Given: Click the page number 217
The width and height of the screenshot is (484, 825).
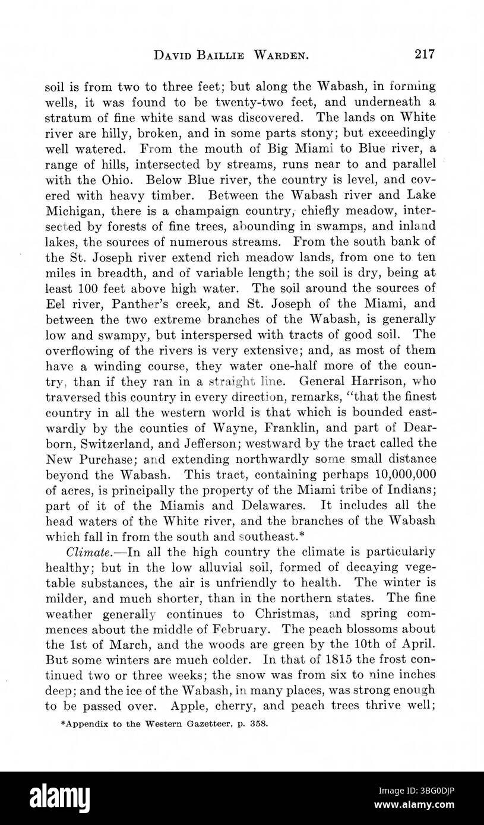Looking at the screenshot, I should (x=425, y=55).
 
